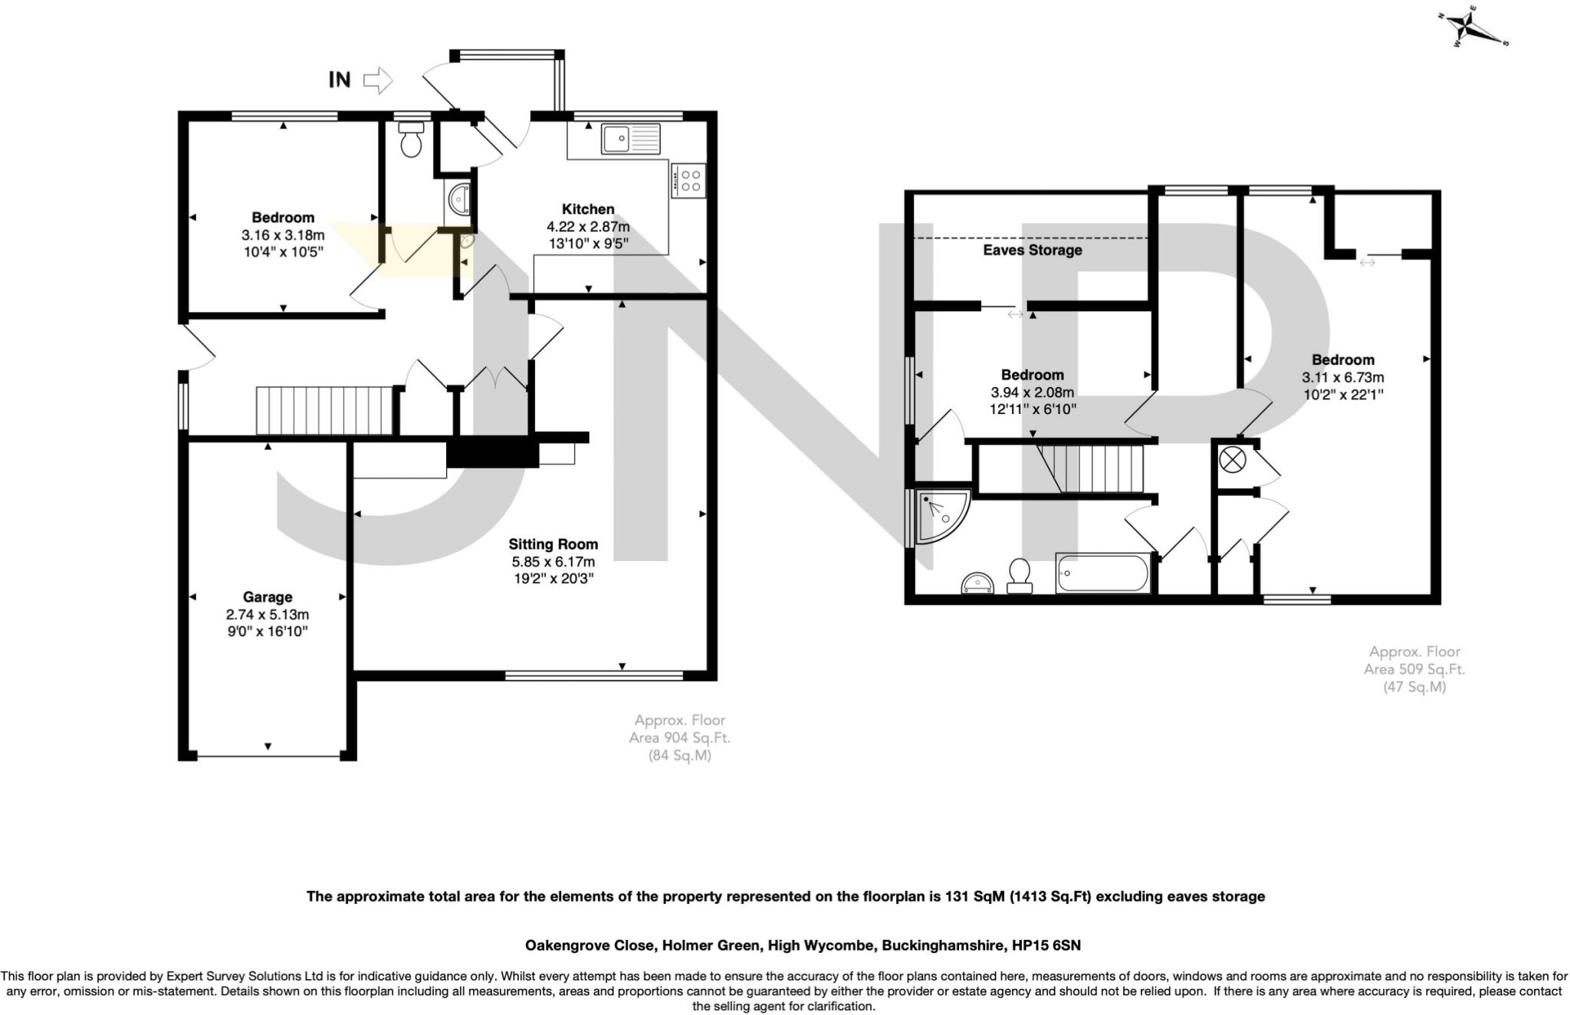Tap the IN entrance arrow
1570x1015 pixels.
(x=376, y=80)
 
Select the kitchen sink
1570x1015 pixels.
(x=630, y=139)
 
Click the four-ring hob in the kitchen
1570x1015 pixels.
(x=688, y=181)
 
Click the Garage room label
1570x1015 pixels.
(x=268, y=596)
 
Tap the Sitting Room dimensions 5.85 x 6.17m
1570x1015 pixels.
(x=553, y=562)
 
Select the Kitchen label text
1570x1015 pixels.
(x=588, y=209)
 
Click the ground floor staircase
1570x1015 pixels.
(x=324, y=411)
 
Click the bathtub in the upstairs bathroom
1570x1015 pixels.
(x=1102, y=573)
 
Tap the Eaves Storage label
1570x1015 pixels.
(x=1032, y=250)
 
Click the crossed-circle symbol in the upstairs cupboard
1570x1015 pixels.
(x=1233, y=461)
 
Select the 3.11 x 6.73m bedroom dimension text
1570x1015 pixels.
(x=1342, y=377)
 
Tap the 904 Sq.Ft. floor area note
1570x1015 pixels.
(x=679, y=737)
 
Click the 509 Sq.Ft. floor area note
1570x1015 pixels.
(x=1414, y=668)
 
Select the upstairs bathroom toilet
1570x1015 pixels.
(x=1019, y=576)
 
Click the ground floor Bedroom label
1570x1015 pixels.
(x=283, y=218)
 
